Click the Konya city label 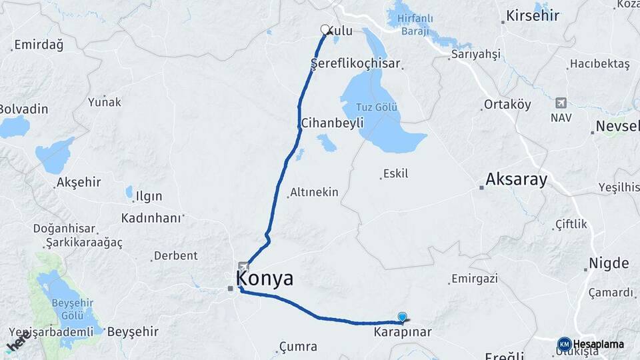coord(265,279)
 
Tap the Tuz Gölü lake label coord(377,107)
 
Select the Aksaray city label coord(516,179)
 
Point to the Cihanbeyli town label coord(332,123)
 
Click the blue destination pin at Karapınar coord(402,318)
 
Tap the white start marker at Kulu coord(325,29)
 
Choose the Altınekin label coord(315,193)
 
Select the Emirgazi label coord(474,279)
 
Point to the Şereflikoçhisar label coord(356,64)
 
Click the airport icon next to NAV coord(561,103)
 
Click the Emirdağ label coord(39,45)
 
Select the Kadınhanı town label coord(151,218)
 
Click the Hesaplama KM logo coord(593,344)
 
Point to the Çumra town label coord(298,347)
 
